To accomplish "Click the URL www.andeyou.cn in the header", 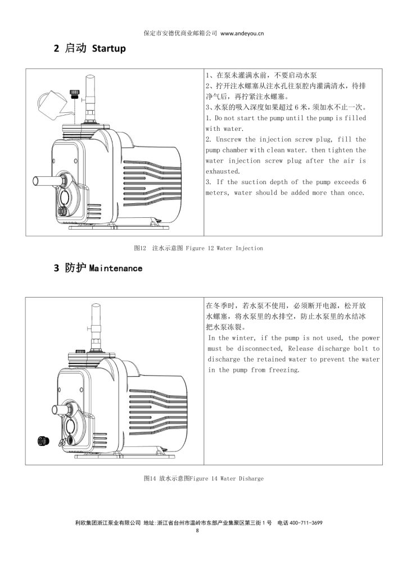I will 242,34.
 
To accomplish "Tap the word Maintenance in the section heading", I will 116,268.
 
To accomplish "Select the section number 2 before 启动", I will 56,49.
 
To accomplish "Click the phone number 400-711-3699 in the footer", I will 305,522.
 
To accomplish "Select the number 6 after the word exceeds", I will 364,182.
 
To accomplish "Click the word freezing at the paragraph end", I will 283,370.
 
